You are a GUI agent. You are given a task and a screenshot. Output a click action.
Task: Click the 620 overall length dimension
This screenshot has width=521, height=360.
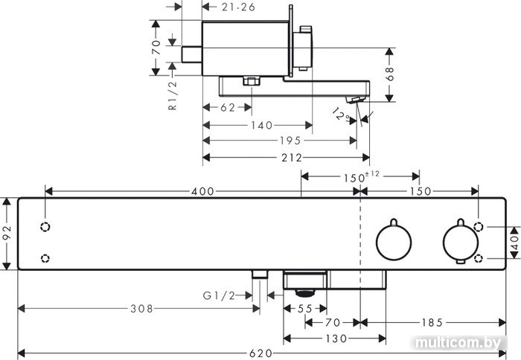tap(260, 353)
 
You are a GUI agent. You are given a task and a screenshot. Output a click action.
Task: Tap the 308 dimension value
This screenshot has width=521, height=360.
tap(141, 309)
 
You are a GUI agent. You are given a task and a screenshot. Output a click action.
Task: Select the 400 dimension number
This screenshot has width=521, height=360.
tap(202, 191)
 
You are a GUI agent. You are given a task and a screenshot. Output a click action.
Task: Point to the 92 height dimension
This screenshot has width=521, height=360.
tap(7, 233)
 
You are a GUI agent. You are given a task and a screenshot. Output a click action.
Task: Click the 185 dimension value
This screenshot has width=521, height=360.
tap(432, 323)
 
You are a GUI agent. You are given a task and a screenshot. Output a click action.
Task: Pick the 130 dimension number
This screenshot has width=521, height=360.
tap(336, 338)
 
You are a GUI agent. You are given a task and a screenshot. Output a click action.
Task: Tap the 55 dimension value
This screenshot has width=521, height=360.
tap(304, 309)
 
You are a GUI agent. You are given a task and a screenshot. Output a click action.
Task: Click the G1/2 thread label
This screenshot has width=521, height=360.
tap(219, 295)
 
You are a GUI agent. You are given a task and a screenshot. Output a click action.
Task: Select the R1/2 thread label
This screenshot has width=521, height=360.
tap(173, 95)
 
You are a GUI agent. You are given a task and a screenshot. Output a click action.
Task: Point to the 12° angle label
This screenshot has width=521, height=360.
tap(341, 115)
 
